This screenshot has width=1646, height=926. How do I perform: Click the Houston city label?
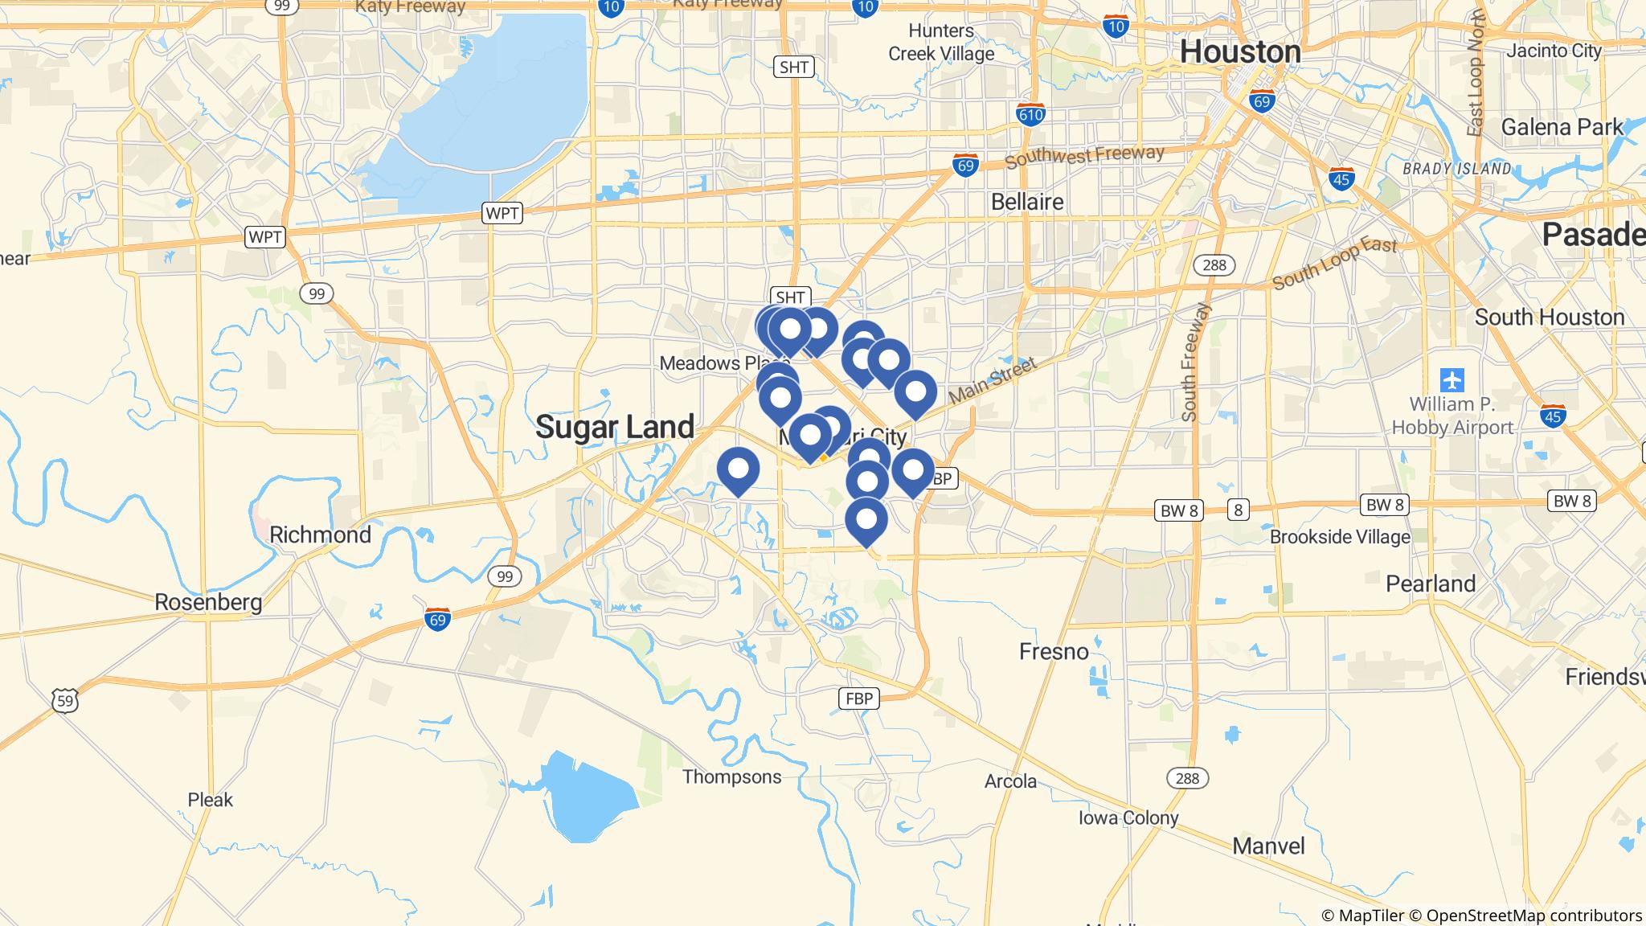tap(1240, 51)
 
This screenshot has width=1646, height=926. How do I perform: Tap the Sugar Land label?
tap(615, 427)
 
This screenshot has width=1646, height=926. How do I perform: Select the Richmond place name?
tap(320, 535)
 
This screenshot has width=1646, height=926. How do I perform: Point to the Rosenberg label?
tap(208, 602)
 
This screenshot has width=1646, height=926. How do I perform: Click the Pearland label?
tap(1431, 584)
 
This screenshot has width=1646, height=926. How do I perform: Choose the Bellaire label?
tap(1027, 202)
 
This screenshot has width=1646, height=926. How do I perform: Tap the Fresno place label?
tap(1054, 651)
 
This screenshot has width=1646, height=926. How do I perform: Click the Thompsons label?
tap(731, 776)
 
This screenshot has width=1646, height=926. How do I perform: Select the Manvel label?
tap(1268, 846)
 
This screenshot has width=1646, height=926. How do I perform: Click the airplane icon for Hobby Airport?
tap(1452, 379)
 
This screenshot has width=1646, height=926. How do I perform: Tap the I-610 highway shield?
tap(1030, 114)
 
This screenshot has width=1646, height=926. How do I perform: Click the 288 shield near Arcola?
tap(1187, 778)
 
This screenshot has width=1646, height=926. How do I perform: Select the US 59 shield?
tap(66, 699)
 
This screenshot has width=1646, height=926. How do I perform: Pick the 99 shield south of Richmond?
tap(504, 576)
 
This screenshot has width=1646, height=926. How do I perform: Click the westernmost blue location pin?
tap(738, 469)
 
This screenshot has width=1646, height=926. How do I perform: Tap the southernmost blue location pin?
tap(866, 519)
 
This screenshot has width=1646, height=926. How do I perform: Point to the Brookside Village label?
tap(1340, 537)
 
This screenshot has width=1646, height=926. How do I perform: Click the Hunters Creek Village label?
tap(941, 43)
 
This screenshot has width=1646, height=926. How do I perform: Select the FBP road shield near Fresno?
tap(859, 699)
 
